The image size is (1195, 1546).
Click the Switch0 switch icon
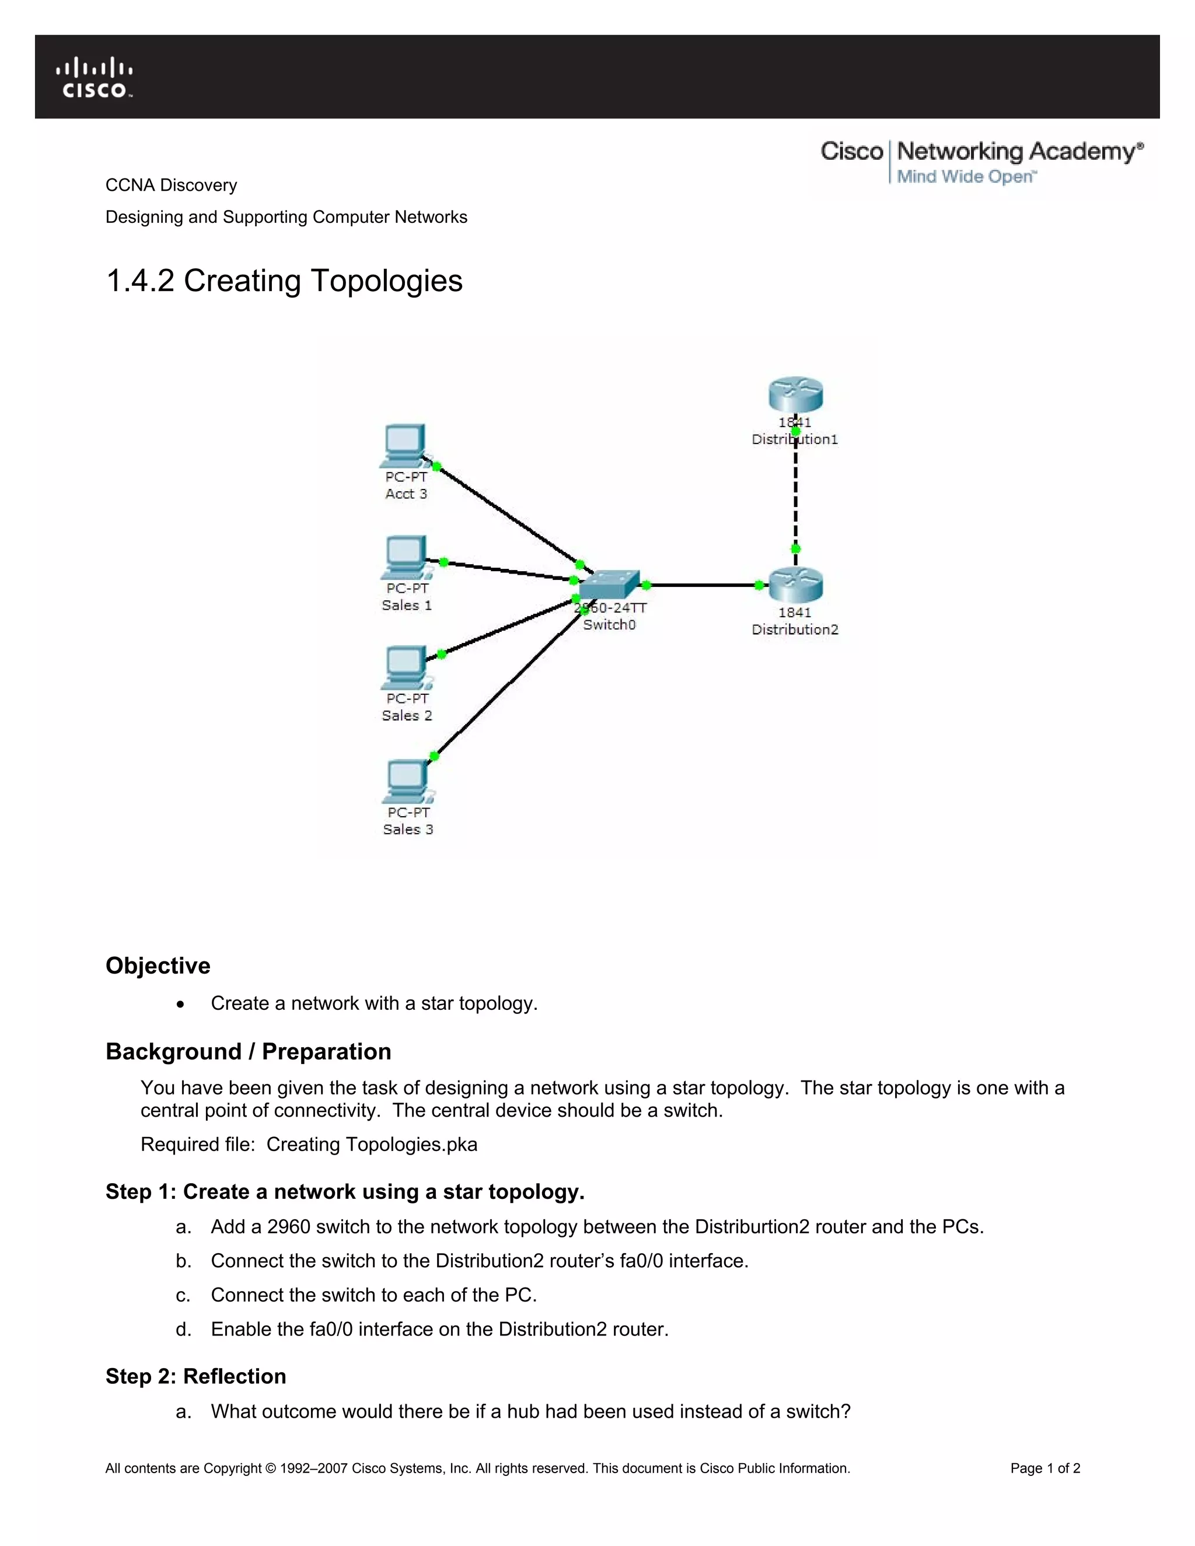(609, 585)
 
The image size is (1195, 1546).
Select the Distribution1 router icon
(796, 394)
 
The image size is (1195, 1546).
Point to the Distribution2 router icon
(796, 585)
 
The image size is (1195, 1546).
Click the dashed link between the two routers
(796, 495)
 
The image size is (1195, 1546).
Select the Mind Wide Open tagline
(966, 177)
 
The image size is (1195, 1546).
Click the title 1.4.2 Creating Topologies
(284, 281)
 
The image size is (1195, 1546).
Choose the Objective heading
(158, 966)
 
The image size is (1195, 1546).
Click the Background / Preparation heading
(248, 1051)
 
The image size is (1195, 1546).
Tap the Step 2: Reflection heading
(195, 1376)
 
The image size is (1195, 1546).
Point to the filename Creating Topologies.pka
(372, 1144)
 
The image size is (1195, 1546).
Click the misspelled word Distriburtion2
(752, 1226)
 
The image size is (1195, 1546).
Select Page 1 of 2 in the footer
(1045, 1468)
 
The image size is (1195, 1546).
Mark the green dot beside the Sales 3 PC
(435, 756)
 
